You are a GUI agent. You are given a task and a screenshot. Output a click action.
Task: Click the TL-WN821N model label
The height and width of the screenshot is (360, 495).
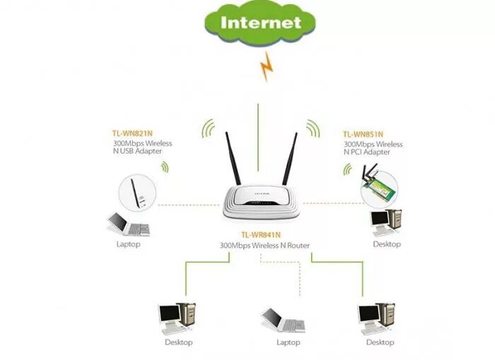[131, 133]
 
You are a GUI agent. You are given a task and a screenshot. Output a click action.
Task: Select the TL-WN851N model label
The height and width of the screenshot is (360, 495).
[363, 134]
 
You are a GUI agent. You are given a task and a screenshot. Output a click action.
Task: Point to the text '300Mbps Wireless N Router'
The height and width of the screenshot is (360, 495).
[264, 245]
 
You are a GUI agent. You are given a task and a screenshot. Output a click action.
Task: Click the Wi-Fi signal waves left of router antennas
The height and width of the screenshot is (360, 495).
[208, 129]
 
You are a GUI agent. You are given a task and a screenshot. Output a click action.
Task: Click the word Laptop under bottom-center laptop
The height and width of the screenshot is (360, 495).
[288, 343]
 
